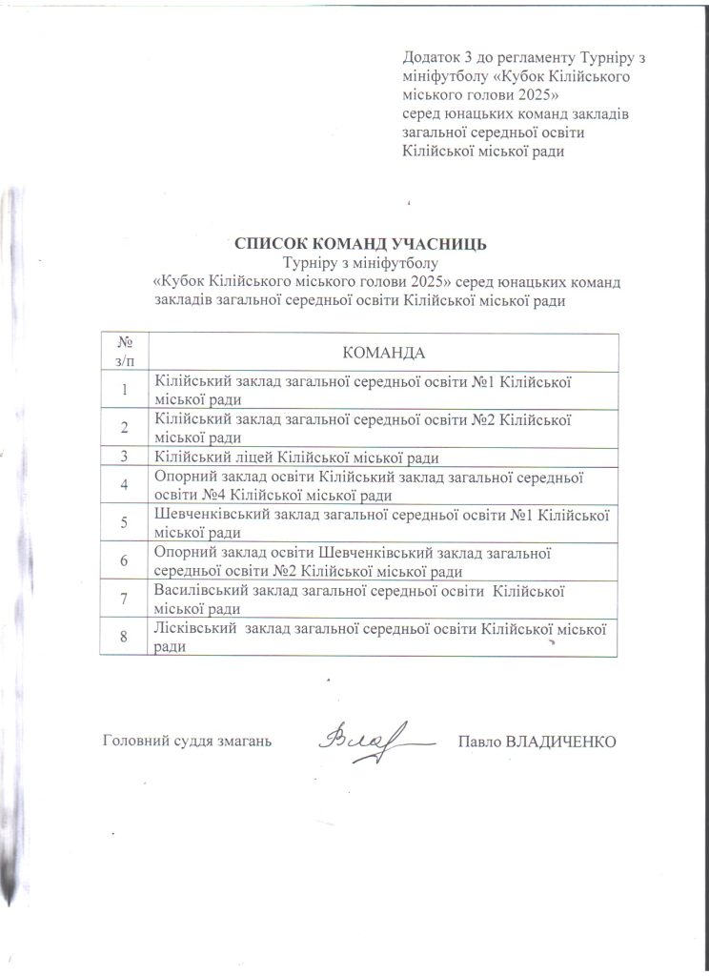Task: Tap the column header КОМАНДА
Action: tap(383, 352)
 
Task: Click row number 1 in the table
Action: tap(123, 389)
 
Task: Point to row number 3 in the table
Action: tap(123, 456)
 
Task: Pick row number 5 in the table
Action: tap(123, 522)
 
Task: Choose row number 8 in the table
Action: tap(123, 638)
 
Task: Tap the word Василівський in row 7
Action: tap(200, 592)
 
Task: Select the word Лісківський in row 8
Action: tap(195, 630)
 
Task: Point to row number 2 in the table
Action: tap(123, 426)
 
